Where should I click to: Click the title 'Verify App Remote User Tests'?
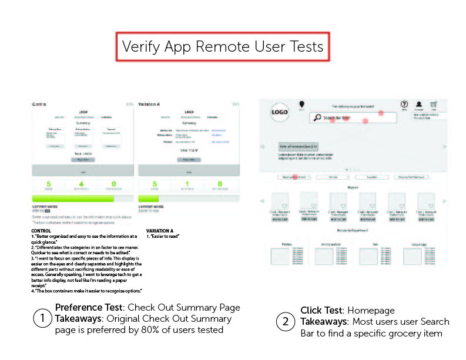(223, 46)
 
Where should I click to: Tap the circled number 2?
(286, 321)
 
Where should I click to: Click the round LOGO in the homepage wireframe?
(280, 114)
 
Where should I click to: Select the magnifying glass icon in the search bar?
(317, 118)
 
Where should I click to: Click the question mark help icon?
(404, 104)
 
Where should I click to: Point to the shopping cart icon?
(434, 104)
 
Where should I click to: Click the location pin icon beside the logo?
(301, 105)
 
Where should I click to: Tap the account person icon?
(419, 104)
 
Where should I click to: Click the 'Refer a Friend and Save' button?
(299, 146)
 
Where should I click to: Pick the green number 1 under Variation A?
(187, 184)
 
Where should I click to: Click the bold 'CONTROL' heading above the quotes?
(41, 231)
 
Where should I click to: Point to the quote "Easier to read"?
(164, 236)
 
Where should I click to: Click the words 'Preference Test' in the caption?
(89, 307)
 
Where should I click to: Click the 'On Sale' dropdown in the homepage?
(333, 176)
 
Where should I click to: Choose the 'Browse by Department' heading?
(352, 231)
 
